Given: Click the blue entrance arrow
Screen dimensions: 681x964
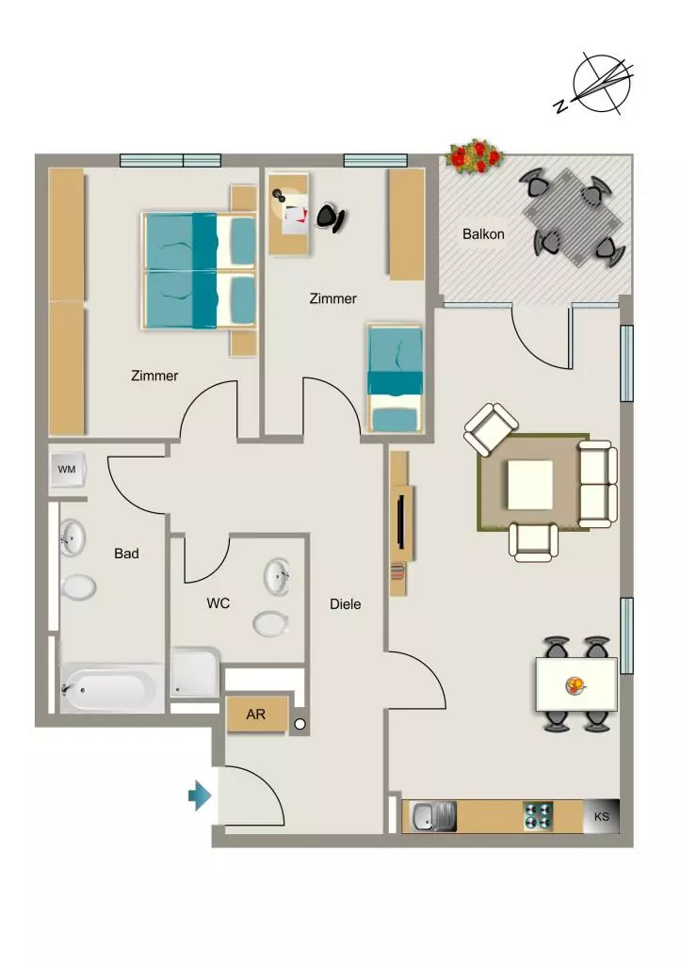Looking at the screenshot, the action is (x=200, y=795).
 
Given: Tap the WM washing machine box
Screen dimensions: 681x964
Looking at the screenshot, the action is (x=67, y=470).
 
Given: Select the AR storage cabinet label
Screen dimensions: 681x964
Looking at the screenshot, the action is (x=256, y=715).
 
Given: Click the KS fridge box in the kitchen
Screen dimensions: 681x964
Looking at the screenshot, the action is (x=601, y=816).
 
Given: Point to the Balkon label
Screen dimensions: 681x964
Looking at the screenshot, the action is (x=483, y=234).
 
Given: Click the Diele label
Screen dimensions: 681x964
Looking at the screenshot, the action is (x=345, y=604).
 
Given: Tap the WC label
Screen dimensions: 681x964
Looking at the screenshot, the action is (x=219, y=603).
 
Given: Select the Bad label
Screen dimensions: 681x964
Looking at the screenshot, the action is (x=126, y=554).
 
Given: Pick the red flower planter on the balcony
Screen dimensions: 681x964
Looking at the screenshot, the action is (x=475, y=156).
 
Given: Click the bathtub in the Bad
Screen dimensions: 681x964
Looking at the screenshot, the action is (x=112, y=688).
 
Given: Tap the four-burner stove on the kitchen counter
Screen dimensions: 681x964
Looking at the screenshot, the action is (x=538, y=816).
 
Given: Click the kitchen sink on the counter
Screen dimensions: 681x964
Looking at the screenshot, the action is (x=434, y=817).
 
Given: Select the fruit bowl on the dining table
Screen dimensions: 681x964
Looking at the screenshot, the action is (x=576, y=685).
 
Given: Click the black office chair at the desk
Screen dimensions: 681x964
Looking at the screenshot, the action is (x=332, y=217).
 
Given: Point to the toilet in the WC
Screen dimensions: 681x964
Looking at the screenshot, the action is (x=271, y=623).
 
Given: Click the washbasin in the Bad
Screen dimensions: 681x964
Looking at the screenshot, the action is (x=72, y=538).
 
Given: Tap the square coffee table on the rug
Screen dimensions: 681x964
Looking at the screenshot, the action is (x=529, y=485).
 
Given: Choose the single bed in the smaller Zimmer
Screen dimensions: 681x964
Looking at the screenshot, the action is (x=396, y=378).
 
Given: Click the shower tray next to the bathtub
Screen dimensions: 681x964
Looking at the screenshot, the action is (x=195, y=672).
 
